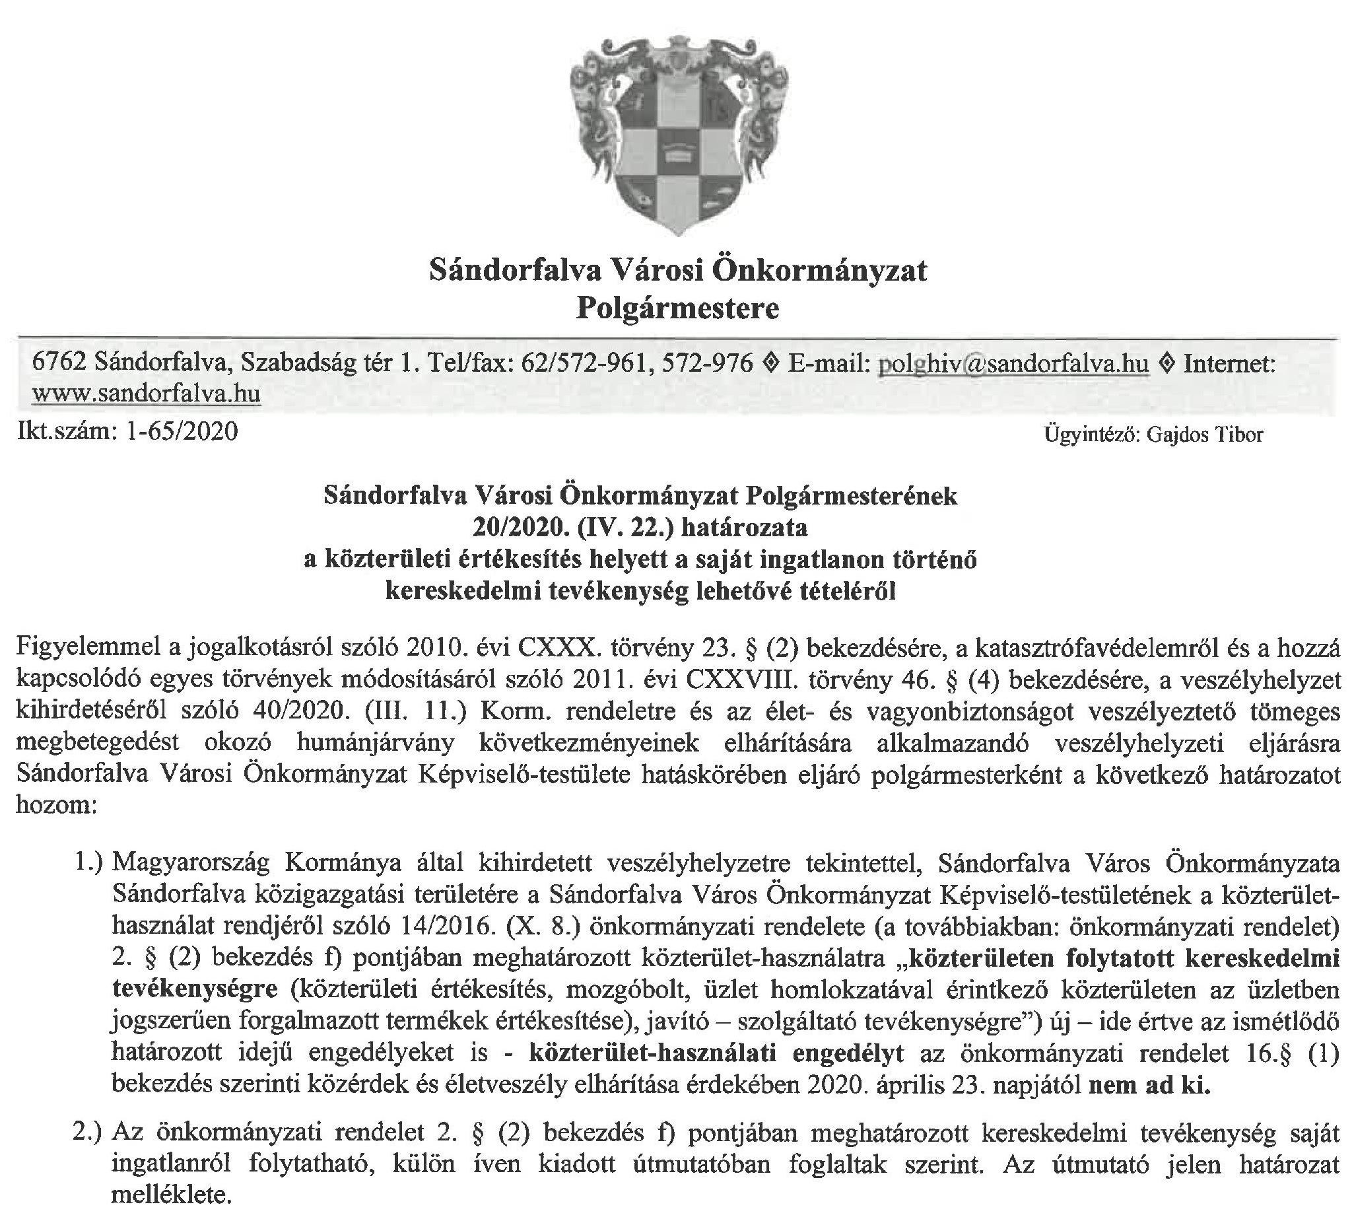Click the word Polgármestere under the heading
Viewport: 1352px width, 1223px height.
[677, 308]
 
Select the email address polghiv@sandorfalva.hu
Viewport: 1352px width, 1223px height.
[1013, 364]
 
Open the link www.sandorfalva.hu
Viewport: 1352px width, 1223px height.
[146, 392]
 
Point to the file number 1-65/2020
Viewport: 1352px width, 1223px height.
[182, 431]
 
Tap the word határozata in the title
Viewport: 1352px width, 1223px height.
[744, 528]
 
